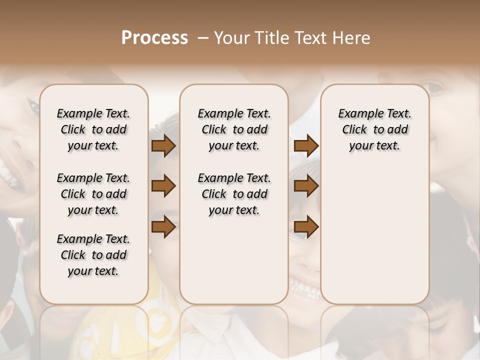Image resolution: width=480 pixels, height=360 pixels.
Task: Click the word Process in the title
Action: click(x=154, y=38)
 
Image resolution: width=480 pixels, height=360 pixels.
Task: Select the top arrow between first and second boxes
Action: click(x=163, y=146)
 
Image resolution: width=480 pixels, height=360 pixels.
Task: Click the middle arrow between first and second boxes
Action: click(x=163, y=186)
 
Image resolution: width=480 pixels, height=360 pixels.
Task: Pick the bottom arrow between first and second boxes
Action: click(x=163, y=227)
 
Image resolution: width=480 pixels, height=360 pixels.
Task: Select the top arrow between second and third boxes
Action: click(x=306, y=146)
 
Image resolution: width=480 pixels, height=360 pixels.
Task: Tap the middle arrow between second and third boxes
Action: click(x=306, y=186)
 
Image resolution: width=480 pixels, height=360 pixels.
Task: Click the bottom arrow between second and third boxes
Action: click(x=306, y=227)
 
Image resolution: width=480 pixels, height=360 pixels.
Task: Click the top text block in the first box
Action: click(x=93, y=129)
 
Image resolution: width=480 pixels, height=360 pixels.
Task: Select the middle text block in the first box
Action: click(x=93, y=194)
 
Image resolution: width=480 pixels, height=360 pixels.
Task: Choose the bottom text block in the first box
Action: click(x=93, y=255)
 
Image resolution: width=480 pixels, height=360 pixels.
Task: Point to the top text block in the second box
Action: click(x=234, y=129)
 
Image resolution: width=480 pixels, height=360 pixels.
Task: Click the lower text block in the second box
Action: click(x=234, y=194)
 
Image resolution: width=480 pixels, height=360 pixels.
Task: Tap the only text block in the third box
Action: click(x=374, y=129)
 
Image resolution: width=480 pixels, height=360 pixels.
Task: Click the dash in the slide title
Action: click(x=202, y=38)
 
